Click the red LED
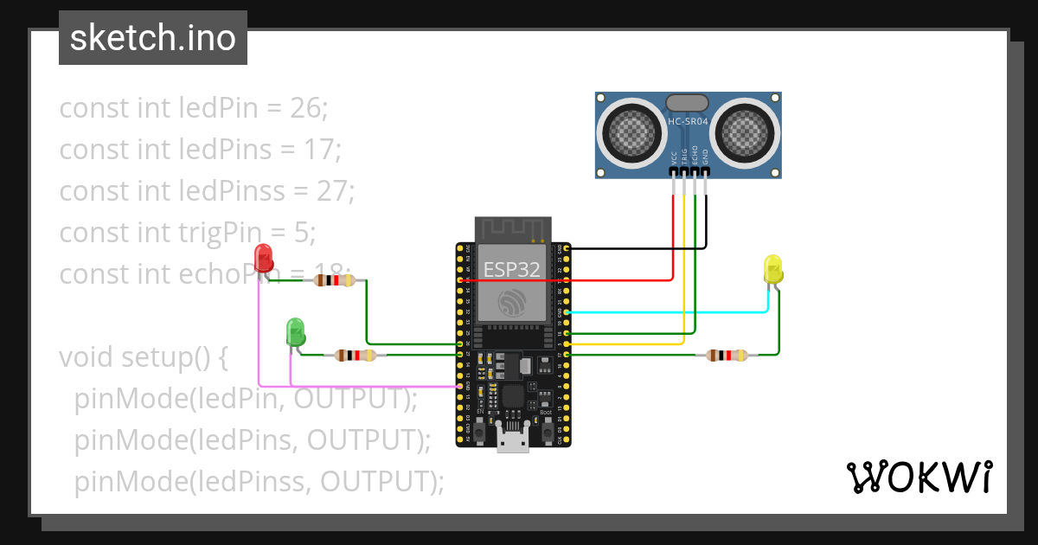pyautogui.click(x=264, y=257)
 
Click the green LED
pyautogui.click(x=295, y=332)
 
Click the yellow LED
pyautogui.click(x=772, y=268)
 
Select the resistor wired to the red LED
pyautogui.click(x=334, y=280)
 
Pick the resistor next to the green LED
pyautogui.click(x=355, y=355)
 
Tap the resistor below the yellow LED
pyautogui.click(x=727, y=355)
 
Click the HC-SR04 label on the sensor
pyautogui.click(x=688, y=122)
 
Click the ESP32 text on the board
pyautogui.click(x=511, y=269)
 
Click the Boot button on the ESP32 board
pyautogui.click(x=547, y=428)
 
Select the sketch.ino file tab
pyautogui.click(x=153, y=38)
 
